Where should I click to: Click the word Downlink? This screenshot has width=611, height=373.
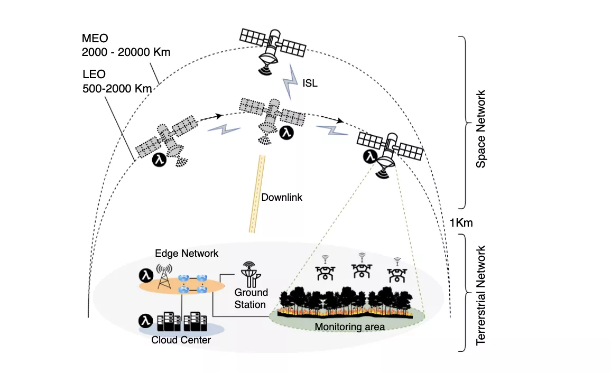[282, 198]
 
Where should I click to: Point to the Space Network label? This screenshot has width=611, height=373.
[480, 129]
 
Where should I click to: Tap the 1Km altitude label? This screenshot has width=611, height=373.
[461, 223]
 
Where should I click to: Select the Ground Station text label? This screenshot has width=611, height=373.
[251, 299]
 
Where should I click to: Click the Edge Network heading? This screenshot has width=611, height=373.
[187, 254]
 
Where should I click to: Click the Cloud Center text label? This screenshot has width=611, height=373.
[181, 340]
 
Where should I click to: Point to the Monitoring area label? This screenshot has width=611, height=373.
[349, 327]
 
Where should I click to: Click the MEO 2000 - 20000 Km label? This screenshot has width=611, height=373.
[126, 46]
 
